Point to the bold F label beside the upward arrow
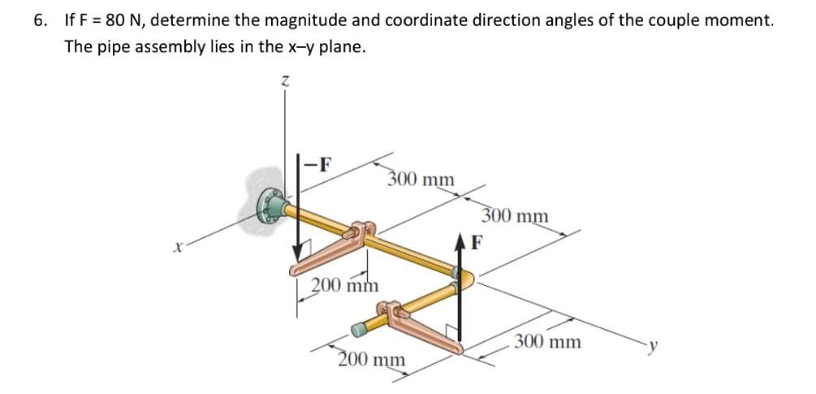tap(477, 240)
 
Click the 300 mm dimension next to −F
tap(421, 178)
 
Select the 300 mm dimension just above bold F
tap(515, 216)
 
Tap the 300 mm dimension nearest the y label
tap(548, 341)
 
